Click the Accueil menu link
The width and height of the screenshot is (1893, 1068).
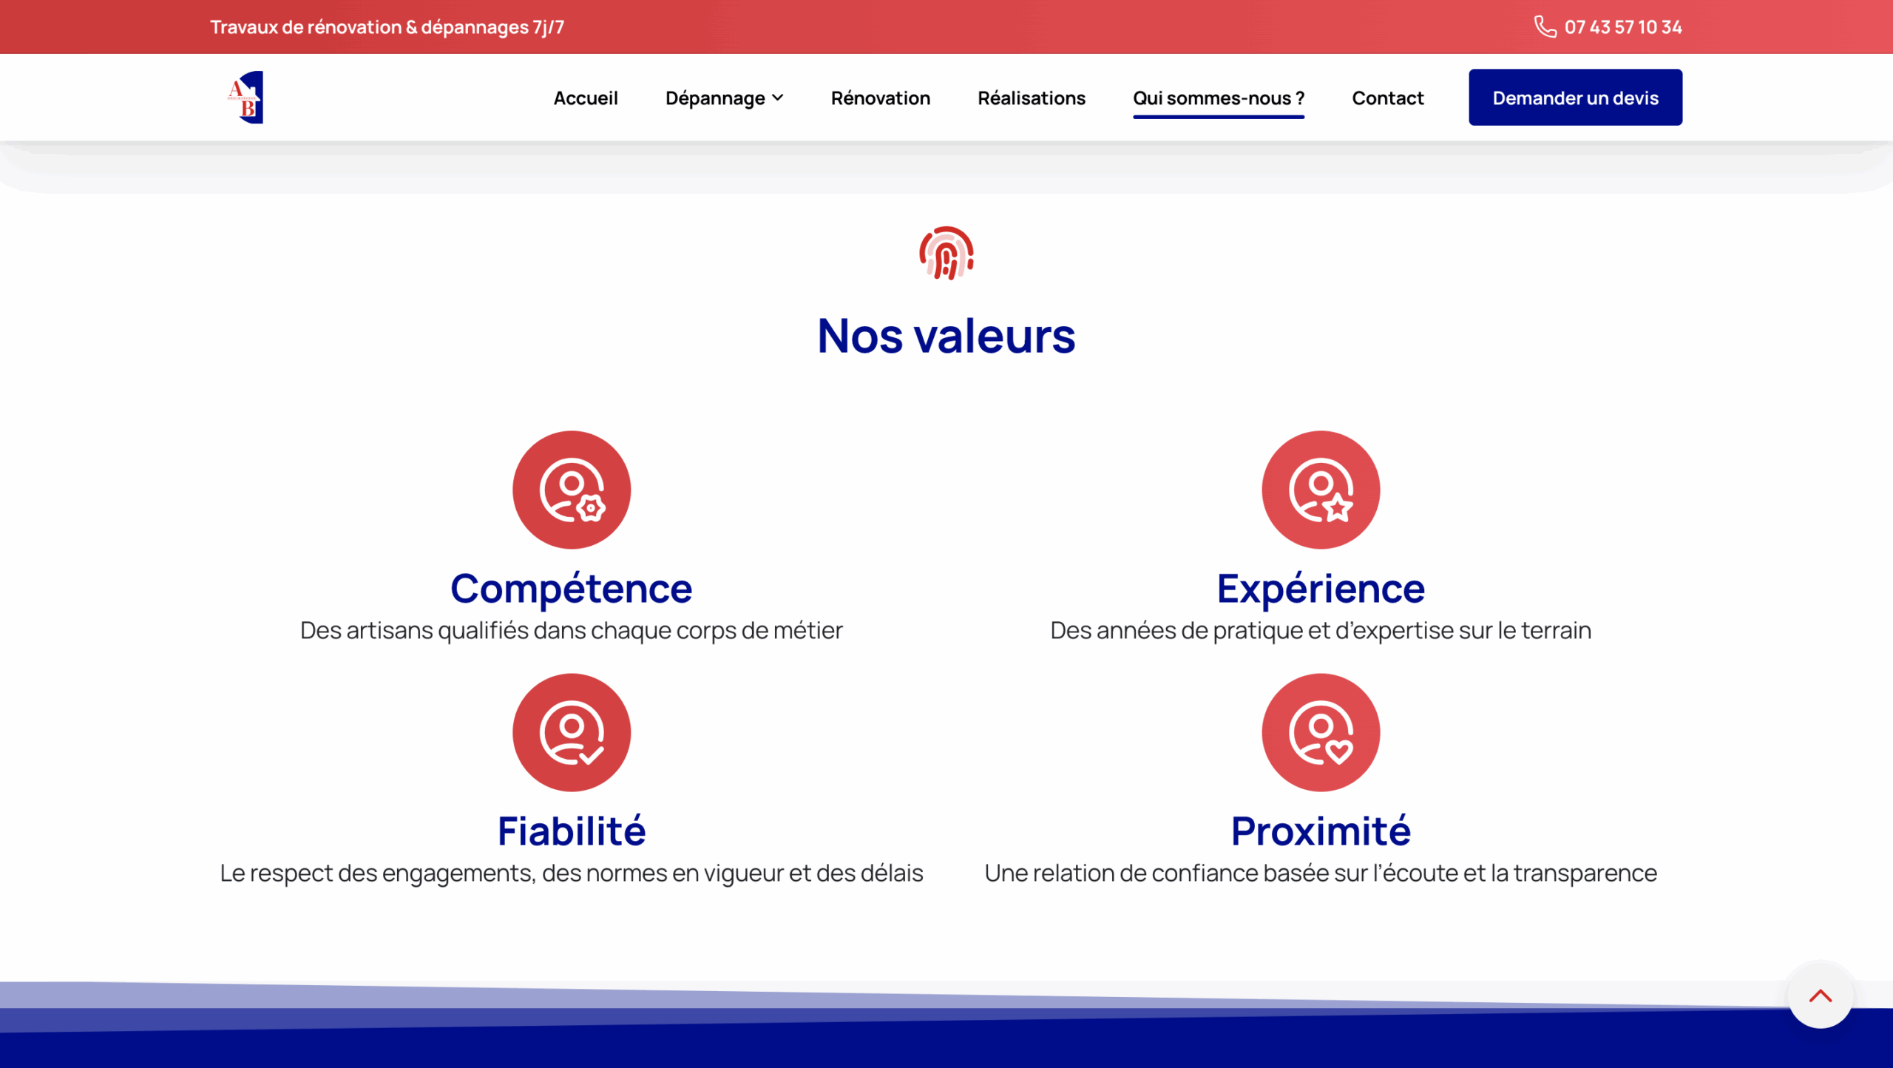coord(585,98)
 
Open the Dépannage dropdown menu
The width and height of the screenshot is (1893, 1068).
coord(724,98)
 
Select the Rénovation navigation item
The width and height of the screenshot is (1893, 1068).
coord(880,98)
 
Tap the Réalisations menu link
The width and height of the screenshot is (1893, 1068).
coord(1031,98)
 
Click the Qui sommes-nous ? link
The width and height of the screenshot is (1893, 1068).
coord(1218,98)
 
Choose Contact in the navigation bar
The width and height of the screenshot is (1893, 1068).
coord(1387,98)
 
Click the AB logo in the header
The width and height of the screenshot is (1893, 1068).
coord(245,97)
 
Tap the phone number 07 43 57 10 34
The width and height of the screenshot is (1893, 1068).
coord(1622,27)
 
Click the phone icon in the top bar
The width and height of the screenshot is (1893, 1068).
coord(1545,27)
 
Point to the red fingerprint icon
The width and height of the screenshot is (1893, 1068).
coord(946,253)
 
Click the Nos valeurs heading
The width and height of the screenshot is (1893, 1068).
coord(946,336)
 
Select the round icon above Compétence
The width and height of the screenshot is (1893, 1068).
coord(572,490)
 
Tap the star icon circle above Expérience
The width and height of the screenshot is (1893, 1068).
coord(1321,490)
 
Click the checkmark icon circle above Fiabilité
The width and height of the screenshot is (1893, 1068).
coord(572,732)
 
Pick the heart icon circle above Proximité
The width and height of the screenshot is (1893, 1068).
coord(1321,732)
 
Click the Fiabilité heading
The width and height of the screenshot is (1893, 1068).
coord(572,831)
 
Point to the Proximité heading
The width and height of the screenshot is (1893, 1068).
coord(1321,831)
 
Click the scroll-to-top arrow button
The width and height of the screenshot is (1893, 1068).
coord(1820,995)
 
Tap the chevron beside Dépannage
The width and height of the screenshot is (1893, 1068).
coord(777,98)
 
